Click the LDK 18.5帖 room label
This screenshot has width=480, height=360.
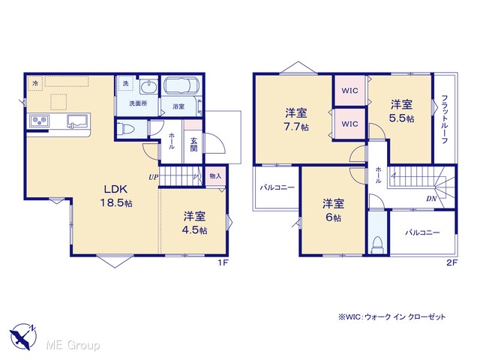(x=116, y=196)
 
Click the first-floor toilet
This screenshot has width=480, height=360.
(x=127, y=129)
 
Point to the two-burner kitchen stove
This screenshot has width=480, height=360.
(x=39, y=120)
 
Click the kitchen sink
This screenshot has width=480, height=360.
(x=78, y=121)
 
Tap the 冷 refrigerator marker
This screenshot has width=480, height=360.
(x=35, y=83)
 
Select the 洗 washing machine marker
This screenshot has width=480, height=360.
(x=125, y=83)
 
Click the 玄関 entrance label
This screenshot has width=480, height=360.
(x=193, y=145)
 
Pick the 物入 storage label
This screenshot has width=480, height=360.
(x=215, y=176)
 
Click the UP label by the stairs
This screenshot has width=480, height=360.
(x=153, y=177)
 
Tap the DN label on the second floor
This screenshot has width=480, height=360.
(x=431, y=199)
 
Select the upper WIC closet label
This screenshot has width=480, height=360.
(x=349, y=91)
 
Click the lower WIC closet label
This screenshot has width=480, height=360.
(x=349, y=124)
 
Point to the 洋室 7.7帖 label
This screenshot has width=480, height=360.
(x=296, y=120)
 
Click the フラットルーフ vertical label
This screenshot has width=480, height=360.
(x=445, y=119)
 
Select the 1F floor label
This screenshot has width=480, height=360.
(x=223, y=262)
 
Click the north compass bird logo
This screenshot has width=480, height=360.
(x=23, y=336)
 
